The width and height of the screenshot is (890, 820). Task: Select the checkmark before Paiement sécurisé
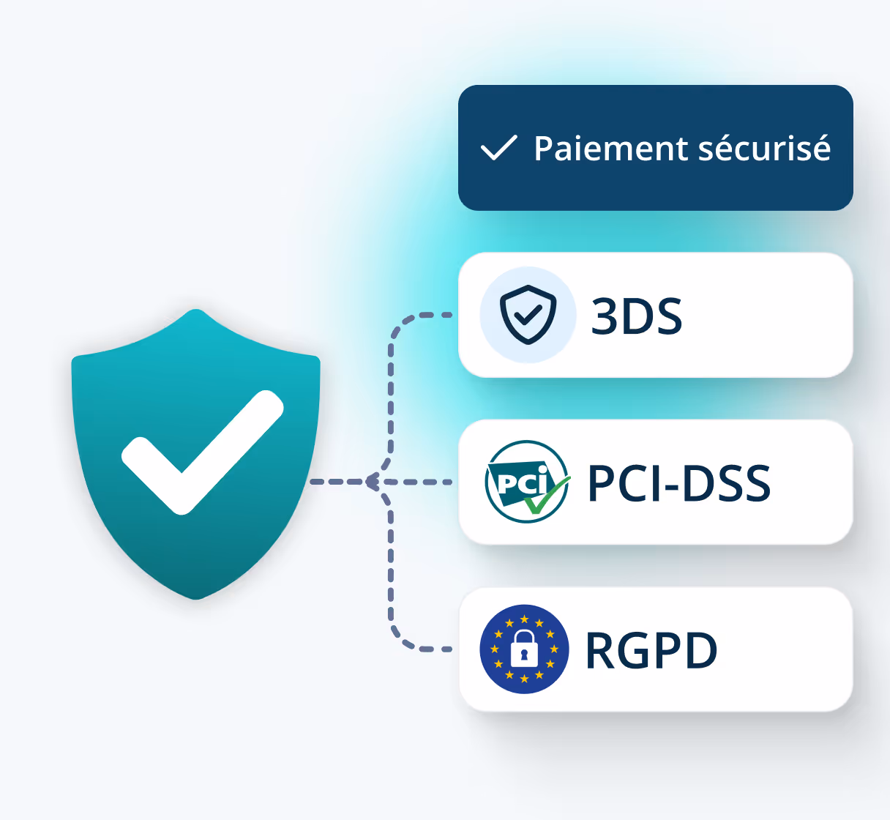[x=498, y=148]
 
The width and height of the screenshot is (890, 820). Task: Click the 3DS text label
[x=636, y=316]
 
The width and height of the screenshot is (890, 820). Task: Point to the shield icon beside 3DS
[x=528, y=315]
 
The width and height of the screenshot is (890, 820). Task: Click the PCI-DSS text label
[x=678, y=483]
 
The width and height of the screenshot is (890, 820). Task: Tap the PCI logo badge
[x=526, y=482]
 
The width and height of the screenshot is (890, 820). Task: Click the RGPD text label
[x=651, y=650]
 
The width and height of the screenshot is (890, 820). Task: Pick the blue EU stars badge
[x=524, y=649]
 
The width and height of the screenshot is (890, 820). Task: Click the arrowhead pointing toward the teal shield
[x=372, y=482]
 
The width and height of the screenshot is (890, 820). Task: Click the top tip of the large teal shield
[x=195, y=310]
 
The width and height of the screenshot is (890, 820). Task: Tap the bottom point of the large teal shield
[x=195, y=597]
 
